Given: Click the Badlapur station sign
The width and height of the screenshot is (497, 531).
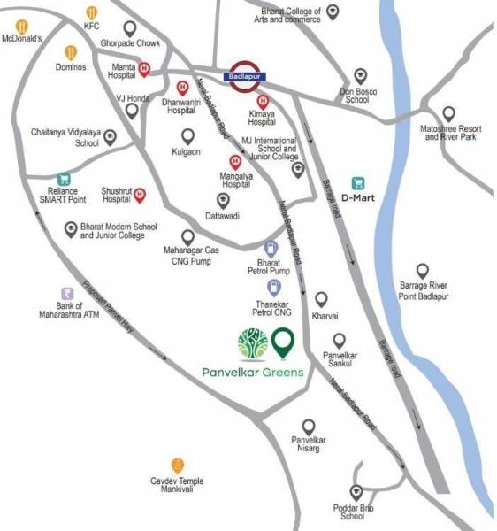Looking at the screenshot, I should pyautogui.click(x=243, y=72).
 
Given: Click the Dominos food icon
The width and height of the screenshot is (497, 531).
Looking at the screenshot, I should pyautogui.click(x=71, y=53).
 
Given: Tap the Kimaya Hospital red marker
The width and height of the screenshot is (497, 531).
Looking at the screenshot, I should pyautogui.click(x=262, y=102).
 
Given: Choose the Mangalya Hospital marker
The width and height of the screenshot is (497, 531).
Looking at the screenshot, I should pyautogui.click(x=234, y=162).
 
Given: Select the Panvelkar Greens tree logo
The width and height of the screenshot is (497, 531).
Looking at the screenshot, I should pyautogui.click(x=253, y=343).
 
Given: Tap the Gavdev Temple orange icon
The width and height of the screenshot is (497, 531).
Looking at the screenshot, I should pyautogui.click(x=178, y=465).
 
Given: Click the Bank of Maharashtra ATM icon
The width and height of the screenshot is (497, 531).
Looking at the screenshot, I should pyautogui.click(x=65, y=294).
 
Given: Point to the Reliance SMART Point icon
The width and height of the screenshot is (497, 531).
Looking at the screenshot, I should pyautogui.click(x=63, y=180).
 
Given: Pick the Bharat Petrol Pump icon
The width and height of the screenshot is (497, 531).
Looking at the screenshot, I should pyautogui.click(x=273, y=249).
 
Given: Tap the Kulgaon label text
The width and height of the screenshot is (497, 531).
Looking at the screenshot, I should pyautogui.click(x=187, y=153).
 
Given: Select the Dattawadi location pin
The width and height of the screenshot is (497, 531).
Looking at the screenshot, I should pyautogui.click(x=223, y=200).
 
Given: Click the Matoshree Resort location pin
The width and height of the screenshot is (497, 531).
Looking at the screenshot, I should pyautogui.click(x=449, y=114).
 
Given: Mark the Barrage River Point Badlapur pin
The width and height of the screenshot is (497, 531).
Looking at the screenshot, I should pyautogui.click(x=423, y=271).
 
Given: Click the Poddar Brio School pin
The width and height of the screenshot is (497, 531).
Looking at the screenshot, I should pyautogui.click(x=356, y=492).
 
